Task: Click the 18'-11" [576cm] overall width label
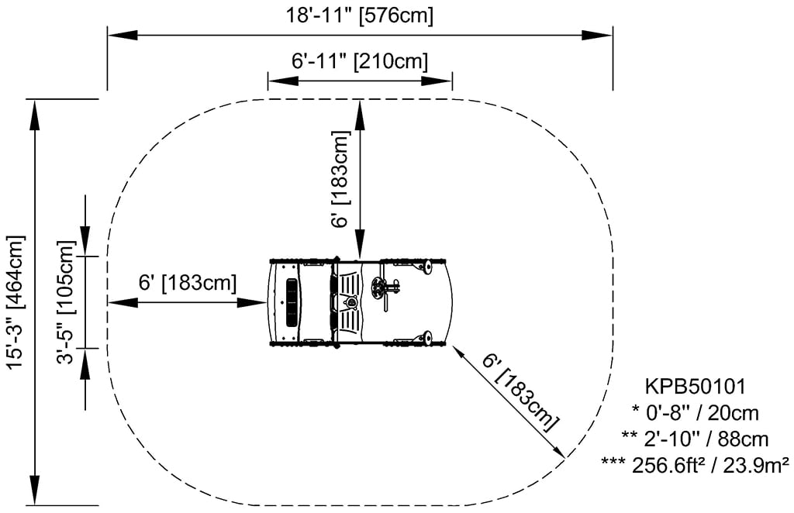click(360, 15)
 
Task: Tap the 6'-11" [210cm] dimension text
click(360, 60)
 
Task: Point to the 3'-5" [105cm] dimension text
click(67, 302)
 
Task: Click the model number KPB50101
click(695, 385)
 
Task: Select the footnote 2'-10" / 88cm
click(695, 439)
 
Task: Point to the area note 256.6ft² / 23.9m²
click(695, 464)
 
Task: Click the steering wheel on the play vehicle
click(379, 288)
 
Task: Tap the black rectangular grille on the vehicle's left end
click(292, 303)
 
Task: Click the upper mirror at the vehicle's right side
click(425, 268)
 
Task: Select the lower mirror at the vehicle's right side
click(425, 338)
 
